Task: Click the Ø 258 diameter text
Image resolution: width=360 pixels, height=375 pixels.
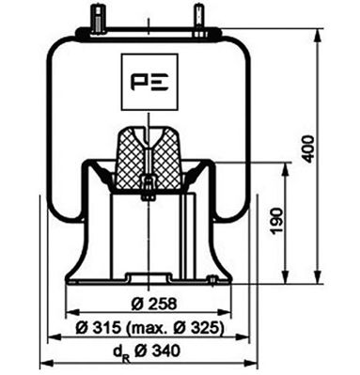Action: click(x=149, y=303)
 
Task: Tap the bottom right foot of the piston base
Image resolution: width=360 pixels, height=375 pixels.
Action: click(x=222, y=279)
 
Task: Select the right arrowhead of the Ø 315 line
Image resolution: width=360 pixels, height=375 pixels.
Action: click(x=243, y=337)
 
